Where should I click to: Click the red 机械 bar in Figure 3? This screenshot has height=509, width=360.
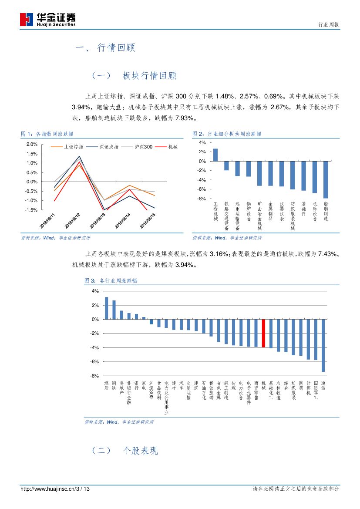tap(263, 333)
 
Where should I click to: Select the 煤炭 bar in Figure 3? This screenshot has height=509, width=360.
tap(106, 308)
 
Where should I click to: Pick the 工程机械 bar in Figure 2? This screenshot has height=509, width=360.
tap(215, 155)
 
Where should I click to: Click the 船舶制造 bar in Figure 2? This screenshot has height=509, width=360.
tap(326, 179)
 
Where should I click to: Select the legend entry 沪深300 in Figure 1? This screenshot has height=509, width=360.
tap(139, 147)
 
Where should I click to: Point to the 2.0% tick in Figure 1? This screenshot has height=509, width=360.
tap(32, 144)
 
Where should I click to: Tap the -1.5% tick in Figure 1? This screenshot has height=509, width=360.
tap(31, 210)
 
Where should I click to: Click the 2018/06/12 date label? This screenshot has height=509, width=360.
tap(72, 220)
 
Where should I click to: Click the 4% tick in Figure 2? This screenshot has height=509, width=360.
tap(202, 142)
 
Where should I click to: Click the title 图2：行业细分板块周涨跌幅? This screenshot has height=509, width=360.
tap(227, 134)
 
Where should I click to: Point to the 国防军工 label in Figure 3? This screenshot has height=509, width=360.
tap(316, 390)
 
